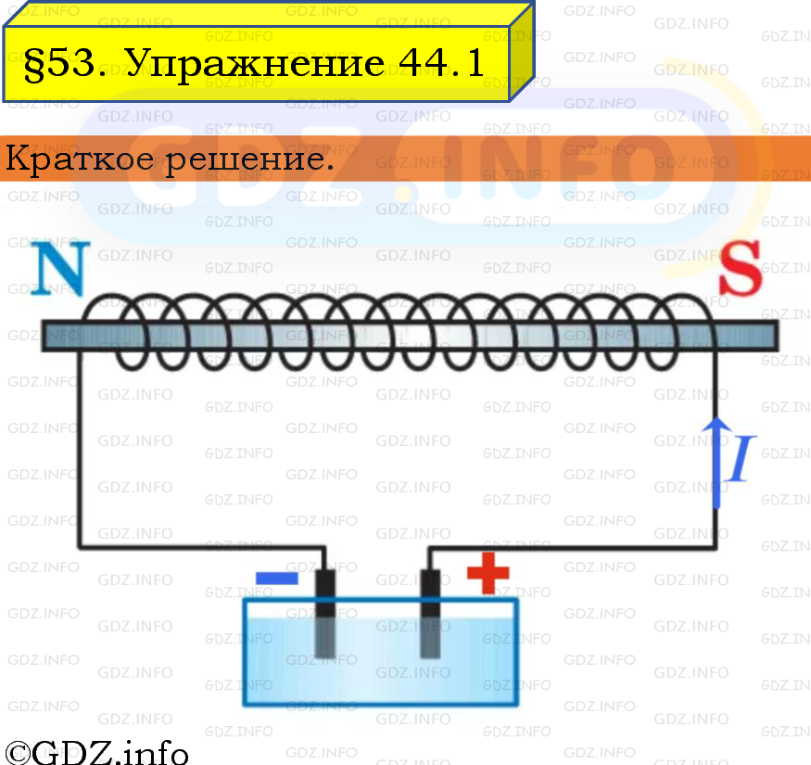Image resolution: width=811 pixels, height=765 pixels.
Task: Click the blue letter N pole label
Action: [x=60, y=268]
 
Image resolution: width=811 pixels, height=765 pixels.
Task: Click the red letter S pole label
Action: [x=741, y=268]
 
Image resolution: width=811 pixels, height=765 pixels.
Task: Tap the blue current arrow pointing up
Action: [x=716, y=462]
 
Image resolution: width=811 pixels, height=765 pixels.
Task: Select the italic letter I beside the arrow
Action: [x=742, y=458]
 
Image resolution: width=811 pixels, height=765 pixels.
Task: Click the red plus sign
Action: [x=488, y=573]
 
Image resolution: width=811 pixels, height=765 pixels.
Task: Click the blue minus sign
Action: [x=277, y=578]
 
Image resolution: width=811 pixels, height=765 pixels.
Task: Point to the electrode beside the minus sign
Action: [x=325, y=614]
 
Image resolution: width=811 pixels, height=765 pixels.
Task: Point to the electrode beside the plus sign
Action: [x=430, y=614]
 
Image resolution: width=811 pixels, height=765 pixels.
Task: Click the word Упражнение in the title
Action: [x=255, y=64]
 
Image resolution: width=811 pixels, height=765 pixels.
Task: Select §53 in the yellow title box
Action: [x=65, y=63]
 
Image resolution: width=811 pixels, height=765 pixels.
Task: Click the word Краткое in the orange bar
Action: [x=79, y=158]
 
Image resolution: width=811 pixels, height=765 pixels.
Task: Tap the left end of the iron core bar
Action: [x=44, y=336]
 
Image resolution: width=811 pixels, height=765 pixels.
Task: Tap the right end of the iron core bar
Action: [x=777, y=336]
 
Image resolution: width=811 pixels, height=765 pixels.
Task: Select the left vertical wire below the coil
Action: [x=79, y=448]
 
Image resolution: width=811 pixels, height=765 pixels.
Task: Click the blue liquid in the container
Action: [x=381, y=660]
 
